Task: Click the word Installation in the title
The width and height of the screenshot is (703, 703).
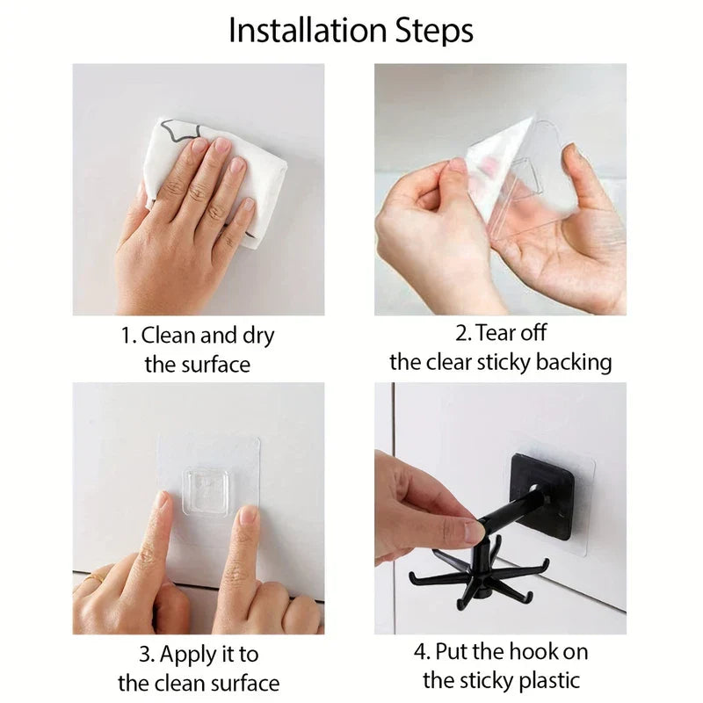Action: (313, 31)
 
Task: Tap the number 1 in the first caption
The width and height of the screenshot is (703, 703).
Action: (127, 336)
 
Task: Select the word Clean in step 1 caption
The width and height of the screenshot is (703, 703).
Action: (170, 336)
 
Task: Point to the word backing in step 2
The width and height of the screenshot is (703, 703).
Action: (569, 362)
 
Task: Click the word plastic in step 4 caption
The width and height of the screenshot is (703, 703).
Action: (548, 680)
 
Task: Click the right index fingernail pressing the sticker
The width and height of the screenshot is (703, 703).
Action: (250, 516)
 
